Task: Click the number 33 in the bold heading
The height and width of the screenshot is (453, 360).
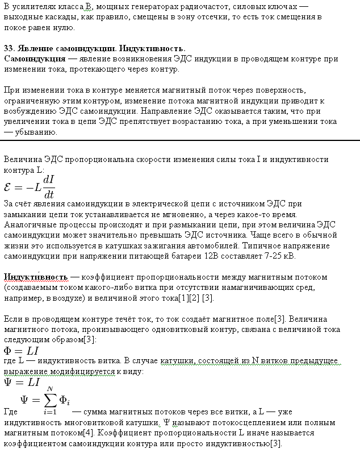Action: point(9,48)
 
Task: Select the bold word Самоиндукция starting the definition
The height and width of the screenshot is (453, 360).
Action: point(34,59)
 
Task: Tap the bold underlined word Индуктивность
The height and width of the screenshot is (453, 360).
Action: point(36,277)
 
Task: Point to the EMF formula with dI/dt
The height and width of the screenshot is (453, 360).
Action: point(30,186)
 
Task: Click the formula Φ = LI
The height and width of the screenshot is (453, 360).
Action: point(22,350)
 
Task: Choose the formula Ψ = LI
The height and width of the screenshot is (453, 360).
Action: point(22,382)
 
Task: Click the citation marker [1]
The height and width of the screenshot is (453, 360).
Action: point(183,298)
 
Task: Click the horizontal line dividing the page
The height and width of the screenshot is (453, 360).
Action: point(180,140)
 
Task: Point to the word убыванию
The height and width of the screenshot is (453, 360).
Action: point(35,132)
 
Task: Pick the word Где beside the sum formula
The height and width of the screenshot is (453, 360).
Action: point(11,412)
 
